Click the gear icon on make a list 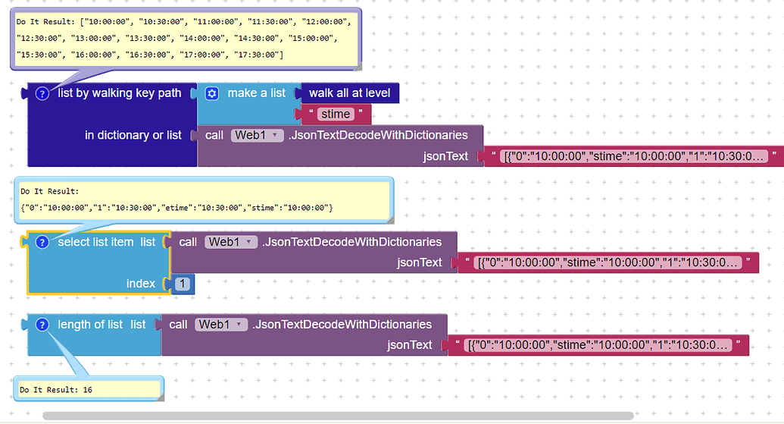[212, 93]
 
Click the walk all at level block [349, 93]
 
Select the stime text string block [336, 115]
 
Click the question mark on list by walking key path [42, 93]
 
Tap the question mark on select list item [42, 242]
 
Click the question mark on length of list [42, 325]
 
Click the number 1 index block [182, 284]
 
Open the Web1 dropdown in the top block [257, 135]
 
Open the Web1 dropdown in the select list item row [230, 242]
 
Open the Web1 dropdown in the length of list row [220, 325]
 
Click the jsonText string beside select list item [608, 262]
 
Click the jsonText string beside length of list [598, 345]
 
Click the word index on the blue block [141, 284]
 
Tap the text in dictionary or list [133, 135]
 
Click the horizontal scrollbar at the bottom [337, 416]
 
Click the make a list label [256, 93]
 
